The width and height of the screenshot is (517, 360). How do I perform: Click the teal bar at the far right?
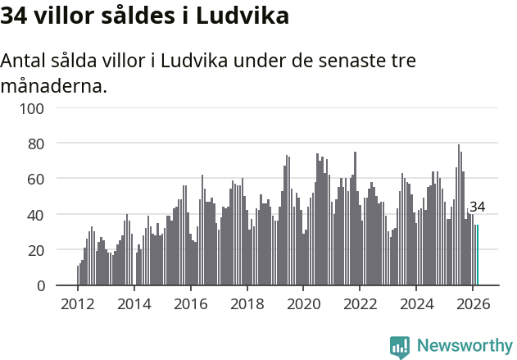pos(477,255)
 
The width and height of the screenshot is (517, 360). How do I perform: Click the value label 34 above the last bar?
pos(477,207)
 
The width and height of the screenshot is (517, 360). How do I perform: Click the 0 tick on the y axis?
pos(62,285)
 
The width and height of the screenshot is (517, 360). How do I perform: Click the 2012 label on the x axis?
pos(78,303)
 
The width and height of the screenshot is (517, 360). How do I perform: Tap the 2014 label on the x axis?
pos(134,303)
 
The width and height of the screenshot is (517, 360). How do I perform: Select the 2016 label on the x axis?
pos(190,303)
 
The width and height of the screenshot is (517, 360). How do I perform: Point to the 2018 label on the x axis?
pos(247,303)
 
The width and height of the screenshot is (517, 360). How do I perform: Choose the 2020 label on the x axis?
pos(303,303)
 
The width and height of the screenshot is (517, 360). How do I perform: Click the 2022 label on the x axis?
pos(360,303)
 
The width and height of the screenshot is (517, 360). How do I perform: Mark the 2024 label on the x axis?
pos(416,303)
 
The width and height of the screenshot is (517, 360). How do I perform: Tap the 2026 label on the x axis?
pos(472,303)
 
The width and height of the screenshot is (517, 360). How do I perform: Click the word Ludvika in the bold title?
pos(246,16)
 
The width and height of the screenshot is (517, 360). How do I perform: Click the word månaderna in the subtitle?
pos(54,84)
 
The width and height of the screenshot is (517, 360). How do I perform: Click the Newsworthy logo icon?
pos(400,347)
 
